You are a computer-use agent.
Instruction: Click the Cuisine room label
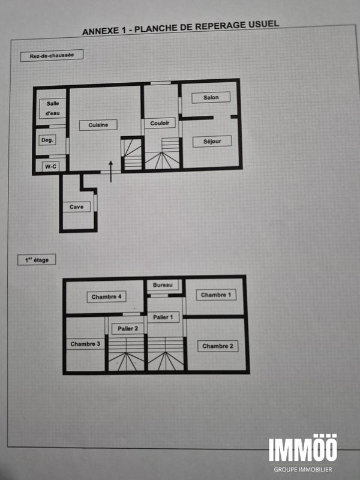tap(98, 125)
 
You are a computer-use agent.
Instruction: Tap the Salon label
tap(211, 97)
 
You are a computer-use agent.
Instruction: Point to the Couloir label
tap(160, 124)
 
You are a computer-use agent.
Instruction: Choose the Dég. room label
tap(47, 140)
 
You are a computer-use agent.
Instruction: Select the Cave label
tap(76, 207)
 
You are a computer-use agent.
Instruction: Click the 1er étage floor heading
tap(37, 260)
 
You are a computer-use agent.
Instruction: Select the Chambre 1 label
tap(215, 295)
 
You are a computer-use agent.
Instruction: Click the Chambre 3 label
tap(85, 344)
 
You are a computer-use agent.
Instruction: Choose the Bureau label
tap(163, 284)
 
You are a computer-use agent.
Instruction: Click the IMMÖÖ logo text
tap(302, 449)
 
